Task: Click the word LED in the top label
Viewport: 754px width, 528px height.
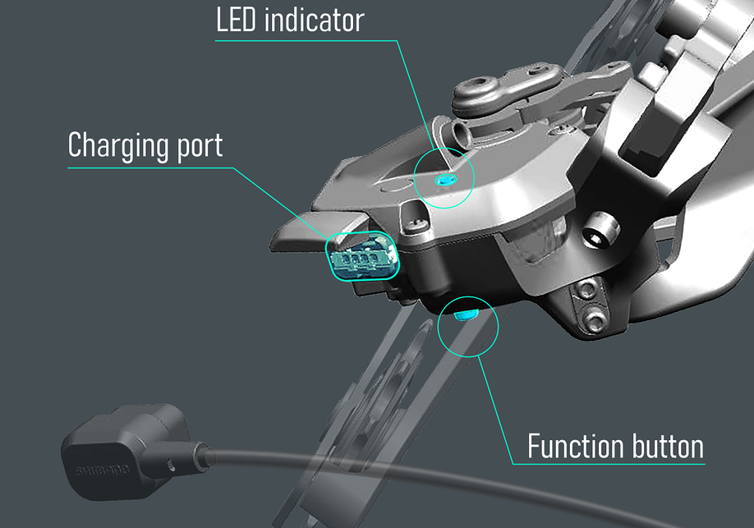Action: point(236,21)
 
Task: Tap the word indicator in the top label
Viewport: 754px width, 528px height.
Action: point(314,21)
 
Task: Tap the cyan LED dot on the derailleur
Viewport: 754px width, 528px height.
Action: point(445,181)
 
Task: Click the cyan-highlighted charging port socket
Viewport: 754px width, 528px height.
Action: point(362,256)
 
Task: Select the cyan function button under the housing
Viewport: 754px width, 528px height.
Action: point(466,315)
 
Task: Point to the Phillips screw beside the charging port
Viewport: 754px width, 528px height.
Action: point(416,224)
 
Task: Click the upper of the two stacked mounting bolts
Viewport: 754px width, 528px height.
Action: point(586,290)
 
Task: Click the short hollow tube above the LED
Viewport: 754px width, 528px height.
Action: point(460,133)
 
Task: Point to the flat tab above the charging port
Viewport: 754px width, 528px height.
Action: point(320,231)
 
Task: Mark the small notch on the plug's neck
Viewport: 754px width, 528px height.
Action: point(170,465)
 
